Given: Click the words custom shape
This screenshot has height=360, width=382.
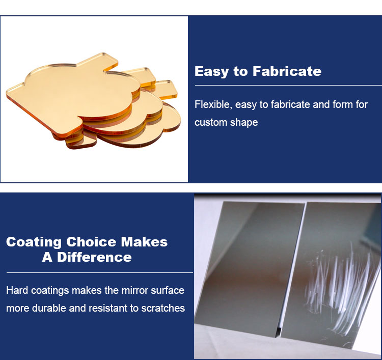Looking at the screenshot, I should click(226, 123).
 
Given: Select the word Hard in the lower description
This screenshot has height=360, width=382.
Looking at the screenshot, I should click(17, 291).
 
